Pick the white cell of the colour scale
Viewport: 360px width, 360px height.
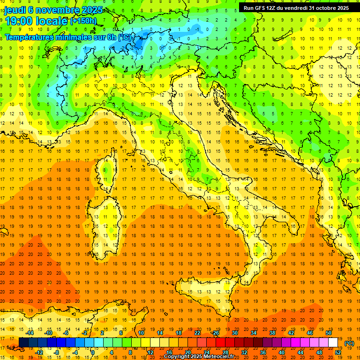click(333, 342)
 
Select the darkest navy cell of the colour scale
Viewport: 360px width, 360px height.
click(23, 342)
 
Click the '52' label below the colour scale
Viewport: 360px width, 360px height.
click(338, 352)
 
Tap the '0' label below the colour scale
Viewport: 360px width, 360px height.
click(93, 352)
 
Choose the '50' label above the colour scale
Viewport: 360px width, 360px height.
click(329, 333)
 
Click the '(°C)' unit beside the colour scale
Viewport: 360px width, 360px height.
click(349, 343)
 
